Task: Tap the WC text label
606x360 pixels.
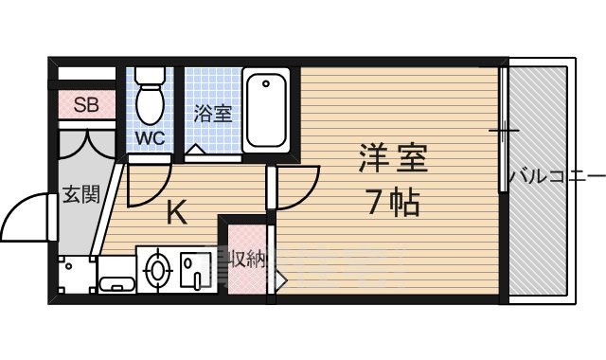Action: pos(150,138)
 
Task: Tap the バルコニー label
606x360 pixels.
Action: pos(556,177)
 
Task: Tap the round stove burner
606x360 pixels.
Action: pos(157,269)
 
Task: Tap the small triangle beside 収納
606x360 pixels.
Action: pos(280,279)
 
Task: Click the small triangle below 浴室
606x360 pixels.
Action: pos(193,150)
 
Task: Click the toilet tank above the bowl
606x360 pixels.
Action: pos(150,76)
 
